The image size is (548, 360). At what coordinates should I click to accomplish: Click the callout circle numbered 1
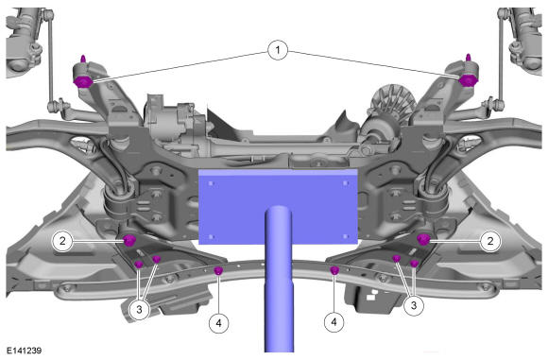[x=278, y=50]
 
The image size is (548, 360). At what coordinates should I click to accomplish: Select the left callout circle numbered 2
[x=62, y=241]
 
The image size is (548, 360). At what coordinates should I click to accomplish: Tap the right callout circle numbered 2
[x=490, y=241]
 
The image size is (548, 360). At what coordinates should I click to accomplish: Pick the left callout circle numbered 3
[x=139, y=309]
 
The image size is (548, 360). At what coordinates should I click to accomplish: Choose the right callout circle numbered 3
[x=414, y=305]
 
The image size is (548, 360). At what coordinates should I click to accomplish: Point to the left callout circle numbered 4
[x=219, y=323]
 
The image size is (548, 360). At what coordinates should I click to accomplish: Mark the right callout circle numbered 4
[x=334, y=321]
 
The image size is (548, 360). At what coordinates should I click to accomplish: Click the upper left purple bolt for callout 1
[x=83, y=81]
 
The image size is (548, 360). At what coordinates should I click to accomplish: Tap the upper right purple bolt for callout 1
[x=468, y=80]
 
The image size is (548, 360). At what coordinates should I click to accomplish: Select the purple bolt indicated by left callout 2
[x=129, y=240]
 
